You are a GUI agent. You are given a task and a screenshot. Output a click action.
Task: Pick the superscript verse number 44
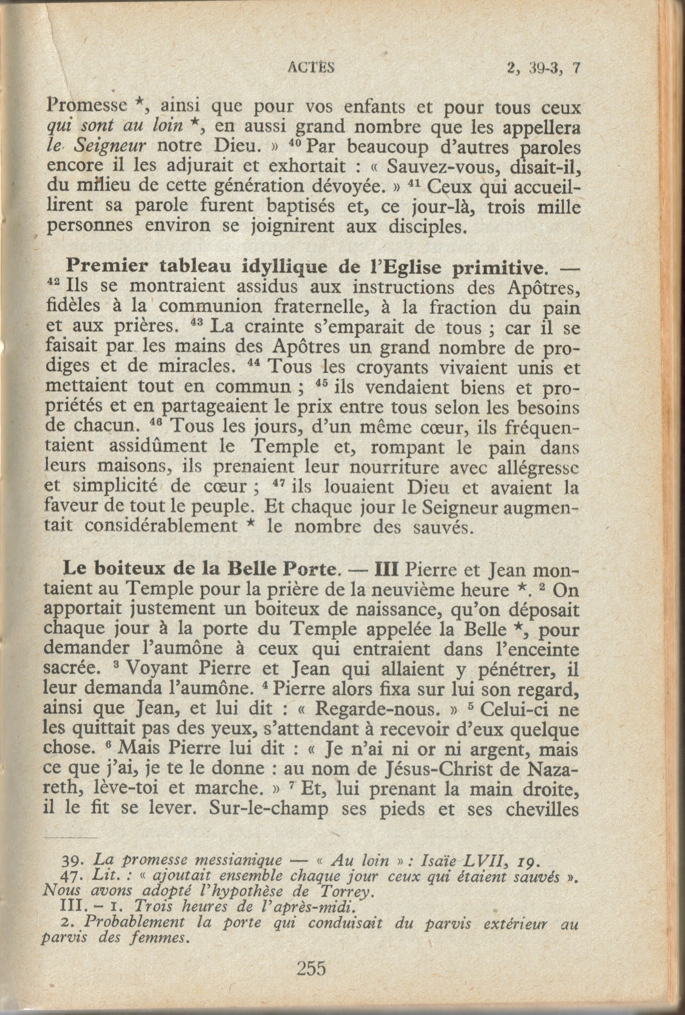tap(256, 363)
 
